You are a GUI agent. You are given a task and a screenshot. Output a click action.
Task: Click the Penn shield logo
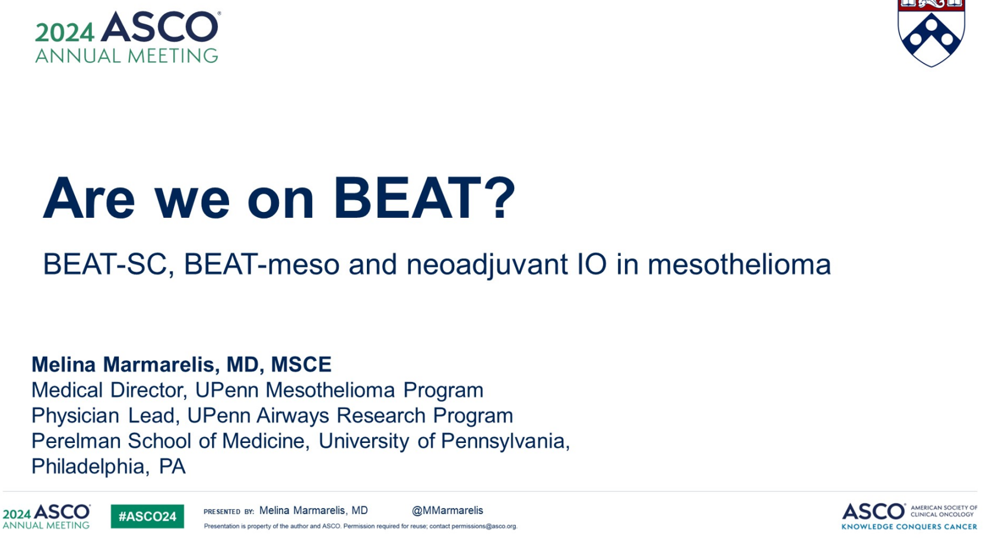pyautogui.click(x=931, y=33)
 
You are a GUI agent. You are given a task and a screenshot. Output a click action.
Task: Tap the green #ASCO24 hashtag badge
pyautogui.click(x=147, y=516)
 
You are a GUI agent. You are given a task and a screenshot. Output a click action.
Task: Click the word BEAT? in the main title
pyautogui.click(x=424, y=197)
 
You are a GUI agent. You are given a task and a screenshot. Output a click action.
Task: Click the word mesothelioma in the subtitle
pyautogui.click(x=740, y=264)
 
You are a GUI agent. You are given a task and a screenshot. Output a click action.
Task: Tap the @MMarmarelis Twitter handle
pyautogui.click(x=447, y=511)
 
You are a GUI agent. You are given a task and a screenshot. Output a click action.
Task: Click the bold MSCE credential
pyautogui.click(x=301, y=365)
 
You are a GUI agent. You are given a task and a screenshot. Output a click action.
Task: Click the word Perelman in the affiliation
pyautogui.click(x=76, y=441)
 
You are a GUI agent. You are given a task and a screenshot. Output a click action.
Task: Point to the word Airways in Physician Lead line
pyautogui.click(x=292, y=416)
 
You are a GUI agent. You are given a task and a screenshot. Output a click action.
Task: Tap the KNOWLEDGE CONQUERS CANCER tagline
pyautogui.click(x=909, y=526)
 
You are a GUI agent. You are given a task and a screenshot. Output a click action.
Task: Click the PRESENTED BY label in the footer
pyautogui.click(x=229, y=512)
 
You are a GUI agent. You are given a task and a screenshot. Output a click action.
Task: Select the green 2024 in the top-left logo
pyautogui.click(x=65, y=33)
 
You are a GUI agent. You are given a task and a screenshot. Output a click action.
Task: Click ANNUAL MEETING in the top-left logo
pyautogui.click(x=126, y=56)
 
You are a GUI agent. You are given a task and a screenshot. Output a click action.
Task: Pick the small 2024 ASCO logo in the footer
pyautogui.click(x=46, y=516)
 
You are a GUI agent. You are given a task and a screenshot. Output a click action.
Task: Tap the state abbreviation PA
pyautogui.click(x=172, y=467)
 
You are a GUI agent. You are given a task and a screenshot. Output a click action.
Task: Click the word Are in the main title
pyautogui.click(x=88, y=197)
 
